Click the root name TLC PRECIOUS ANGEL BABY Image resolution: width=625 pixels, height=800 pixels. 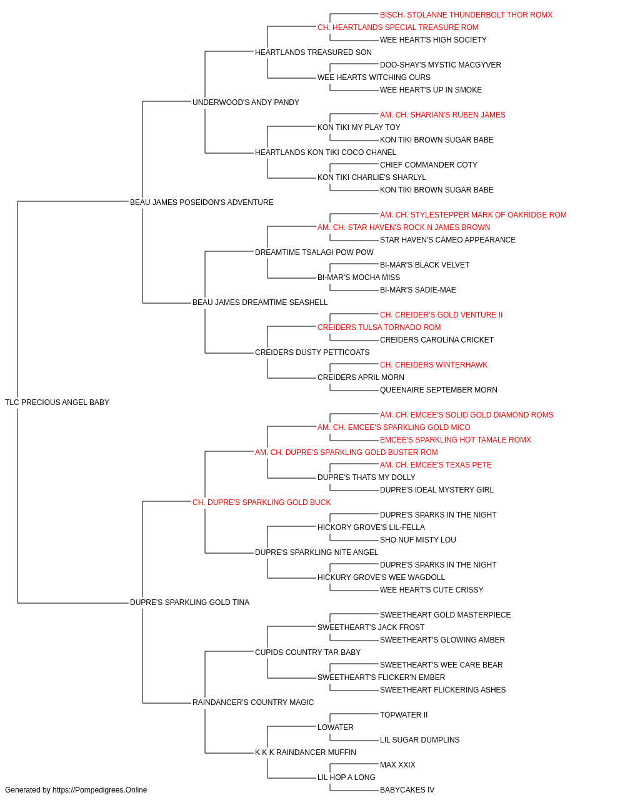pos(57,402)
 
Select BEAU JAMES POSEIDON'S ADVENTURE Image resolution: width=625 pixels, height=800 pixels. pos(202,202)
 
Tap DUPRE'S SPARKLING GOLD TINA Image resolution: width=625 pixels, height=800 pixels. pos(189,602)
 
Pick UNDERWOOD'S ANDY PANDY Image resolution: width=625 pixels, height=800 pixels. pos(246,102)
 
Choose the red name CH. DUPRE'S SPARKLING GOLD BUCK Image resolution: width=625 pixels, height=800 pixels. pos(261,502)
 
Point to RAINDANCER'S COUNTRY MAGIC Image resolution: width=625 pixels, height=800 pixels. pos(253,702)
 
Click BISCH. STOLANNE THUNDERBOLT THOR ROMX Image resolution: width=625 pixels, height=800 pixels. pos(466,15)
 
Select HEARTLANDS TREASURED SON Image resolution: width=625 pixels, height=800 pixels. pos(313,52)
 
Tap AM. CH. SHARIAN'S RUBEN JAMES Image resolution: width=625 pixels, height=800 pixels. pos(442,115)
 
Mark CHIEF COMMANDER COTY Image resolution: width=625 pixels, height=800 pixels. pos(429,165)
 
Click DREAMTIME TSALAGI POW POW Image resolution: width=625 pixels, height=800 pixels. pos(314,252)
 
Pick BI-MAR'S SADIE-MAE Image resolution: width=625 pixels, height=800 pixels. pos(417,290)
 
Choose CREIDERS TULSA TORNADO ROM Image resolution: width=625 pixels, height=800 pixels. pos(379,327)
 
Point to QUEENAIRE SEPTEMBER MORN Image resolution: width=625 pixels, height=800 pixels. pos(438,390)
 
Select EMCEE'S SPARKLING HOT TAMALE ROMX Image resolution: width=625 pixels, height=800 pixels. pos(456,440)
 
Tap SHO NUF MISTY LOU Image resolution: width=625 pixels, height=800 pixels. pos(417,540)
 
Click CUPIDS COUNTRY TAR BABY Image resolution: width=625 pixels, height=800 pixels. pos(307,652)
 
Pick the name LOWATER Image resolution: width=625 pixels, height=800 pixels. pos(336,727)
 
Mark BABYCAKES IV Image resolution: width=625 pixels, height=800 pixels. pos(407,790)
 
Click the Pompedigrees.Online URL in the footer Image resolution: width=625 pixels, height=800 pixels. pos(99,790)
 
